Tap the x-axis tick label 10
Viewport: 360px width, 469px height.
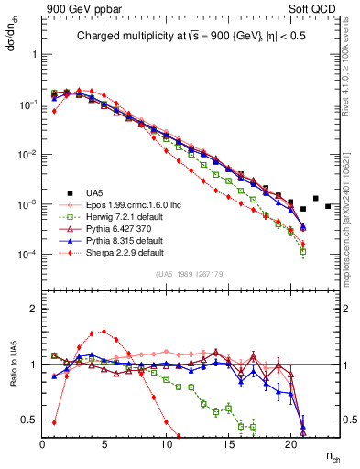click(x=167, y=445)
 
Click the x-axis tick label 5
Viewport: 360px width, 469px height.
click(x=104, y=445)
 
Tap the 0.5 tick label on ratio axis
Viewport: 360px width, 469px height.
click(x=29, y=420)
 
